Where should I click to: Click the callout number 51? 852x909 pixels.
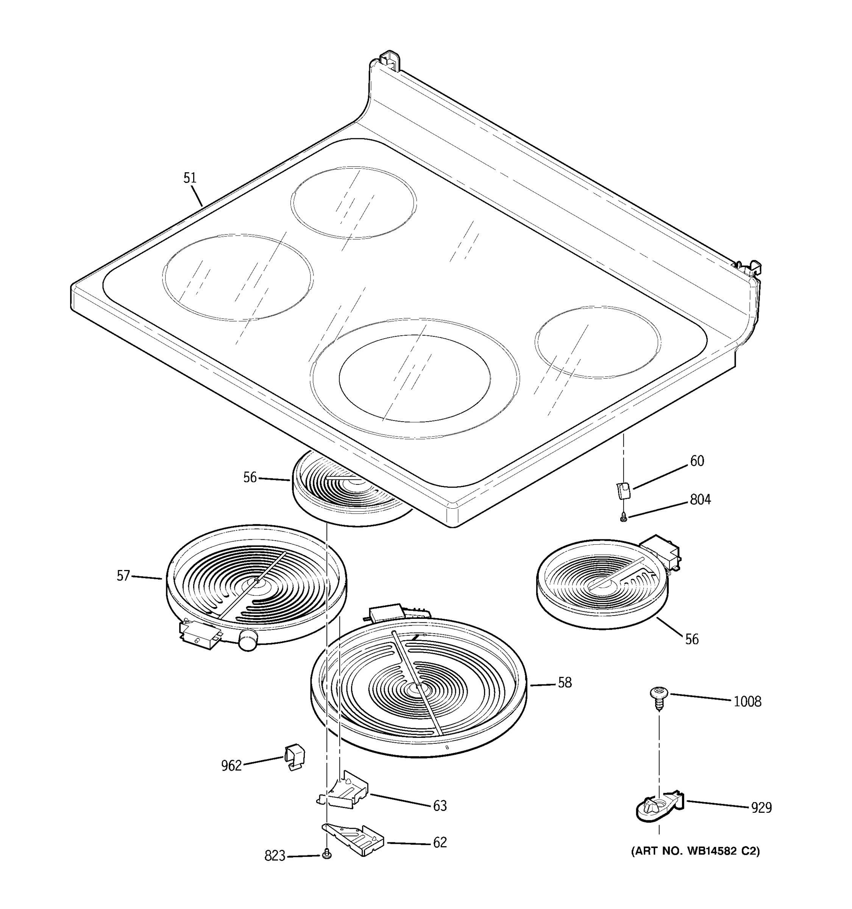coord(190,178)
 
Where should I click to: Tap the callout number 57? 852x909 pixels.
coord(123,575)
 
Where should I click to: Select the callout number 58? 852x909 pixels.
coord(565,683)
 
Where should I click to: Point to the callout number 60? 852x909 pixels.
coord(697,461)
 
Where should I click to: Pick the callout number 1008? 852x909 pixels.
coord(747,701)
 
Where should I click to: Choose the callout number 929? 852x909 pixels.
coord(761,808)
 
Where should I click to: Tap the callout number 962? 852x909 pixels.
coord(231,765)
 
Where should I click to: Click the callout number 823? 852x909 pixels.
coord(275,856)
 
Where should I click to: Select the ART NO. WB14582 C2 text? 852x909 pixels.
coord(695,851)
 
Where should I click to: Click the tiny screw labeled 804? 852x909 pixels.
coord(623,518)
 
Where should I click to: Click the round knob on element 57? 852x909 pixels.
coord(248,639)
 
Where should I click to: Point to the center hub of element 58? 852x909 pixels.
coord(418,688)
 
